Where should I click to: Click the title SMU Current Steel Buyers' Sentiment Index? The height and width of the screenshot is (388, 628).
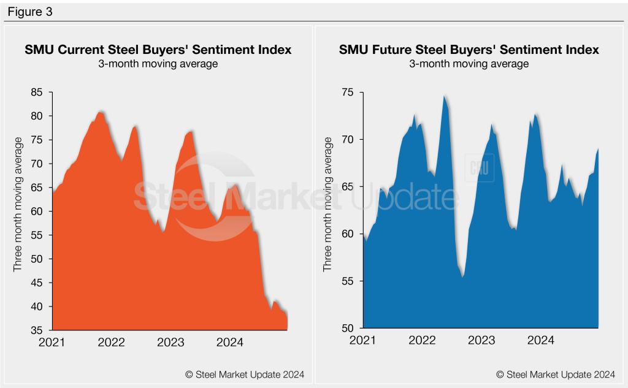(x=158, y=50)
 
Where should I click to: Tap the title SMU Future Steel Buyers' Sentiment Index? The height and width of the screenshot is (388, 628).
(x=469, y=50)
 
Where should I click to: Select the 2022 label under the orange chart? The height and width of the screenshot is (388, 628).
(x=111, y=342)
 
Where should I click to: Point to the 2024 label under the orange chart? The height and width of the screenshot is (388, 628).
(x=230, y=342)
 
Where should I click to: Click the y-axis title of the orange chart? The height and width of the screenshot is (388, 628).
(x=18, y=205)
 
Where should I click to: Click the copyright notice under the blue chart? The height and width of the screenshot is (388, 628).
(x=555, y=375)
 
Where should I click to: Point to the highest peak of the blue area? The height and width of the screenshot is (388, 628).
(x=444, y=96)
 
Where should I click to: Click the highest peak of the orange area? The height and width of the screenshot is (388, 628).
(x=101, y=112)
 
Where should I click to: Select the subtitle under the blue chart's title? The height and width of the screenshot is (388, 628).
(x=469, y=64)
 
